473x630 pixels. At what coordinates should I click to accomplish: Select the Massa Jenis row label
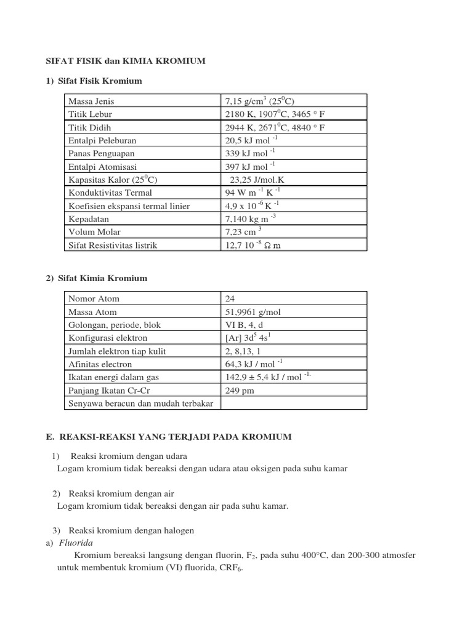91,101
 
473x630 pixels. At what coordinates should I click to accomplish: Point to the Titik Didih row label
91,127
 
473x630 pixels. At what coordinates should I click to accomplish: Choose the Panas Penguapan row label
102,153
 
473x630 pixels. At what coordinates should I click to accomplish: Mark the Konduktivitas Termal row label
109,193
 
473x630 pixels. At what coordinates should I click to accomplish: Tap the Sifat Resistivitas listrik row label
113,245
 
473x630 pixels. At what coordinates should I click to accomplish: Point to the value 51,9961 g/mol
253,312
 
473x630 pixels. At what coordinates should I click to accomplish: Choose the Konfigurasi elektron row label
108,338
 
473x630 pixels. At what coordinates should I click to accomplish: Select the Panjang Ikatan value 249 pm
240,390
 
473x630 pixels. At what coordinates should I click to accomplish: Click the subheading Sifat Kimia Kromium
103,278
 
